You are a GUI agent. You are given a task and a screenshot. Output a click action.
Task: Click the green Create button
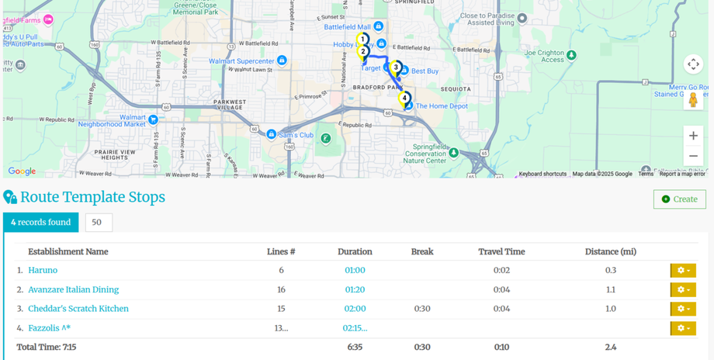tap(679, 199)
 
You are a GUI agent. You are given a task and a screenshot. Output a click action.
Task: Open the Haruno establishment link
tap(43, 270)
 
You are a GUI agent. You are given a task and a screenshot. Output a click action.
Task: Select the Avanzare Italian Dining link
tap(73, 289)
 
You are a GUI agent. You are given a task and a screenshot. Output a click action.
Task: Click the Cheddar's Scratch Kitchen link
tap(78, 309)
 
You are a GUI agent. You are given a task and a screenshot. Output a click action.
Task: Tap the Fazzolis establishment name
tap(49, 328)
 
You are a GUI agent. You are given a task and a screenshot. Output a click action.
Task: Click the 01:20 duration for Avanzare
tap(355, 289)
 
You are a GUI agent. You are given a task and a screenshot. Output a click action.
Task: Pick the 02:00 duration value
tap(355, 309)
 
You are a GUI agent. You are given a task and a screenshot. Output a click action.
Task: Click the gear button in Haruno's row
tap(683, 270)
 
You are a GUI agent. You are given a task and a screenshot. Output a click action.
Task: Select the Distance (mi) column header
tap(610, 251)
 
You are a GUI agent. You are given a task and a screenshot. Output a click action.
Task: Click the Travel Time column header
tap(501, 251)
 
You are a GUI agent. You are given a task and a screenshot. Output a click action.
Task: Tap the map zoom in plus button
tap(693, 136)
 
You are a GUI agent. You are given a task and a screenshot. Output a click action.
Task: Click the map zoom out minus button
tap(693, 156)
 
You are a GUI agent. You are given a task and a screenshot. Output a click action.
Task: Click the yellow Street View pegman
tap(693, 100)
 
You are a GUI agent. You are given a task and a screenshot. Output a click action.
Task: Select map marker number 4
tap(405, 99)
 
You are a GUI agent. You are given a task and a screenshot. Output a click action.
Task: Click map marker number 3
tap(396, 68)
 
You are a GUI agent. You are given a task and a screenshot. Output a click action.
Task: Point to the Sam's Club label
tap(296, 134)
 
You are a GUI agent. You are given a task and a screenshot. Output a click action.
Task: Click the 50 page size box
tap(99, 223)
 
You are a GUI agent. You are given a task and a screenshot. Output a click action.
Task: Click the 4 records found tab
tap(40, 223)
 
